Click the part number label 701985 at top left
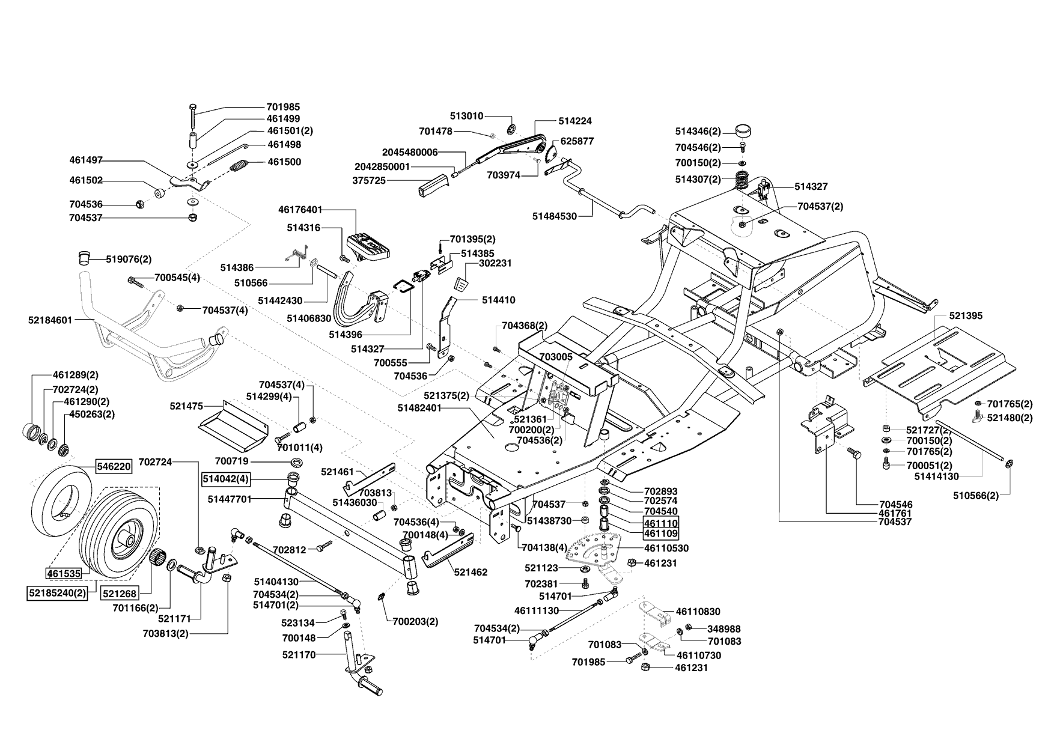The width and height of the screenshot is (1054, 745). click(283, 107)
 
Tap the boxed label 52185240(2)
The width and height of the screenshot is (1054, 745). click(56, 593)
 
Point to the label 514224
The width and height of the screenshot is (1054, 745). click(574, 121)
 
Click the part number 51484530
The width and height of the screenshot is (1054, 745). click(555, 216)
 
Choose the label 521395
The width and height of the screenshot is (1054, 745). click(966, 315)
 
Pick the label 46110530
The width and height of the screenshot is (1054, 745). click(666, 549)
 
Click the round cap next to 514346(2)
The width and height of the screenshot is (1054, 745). click(745, 130)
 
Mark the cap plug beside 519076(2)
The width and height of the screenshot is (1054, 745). click(84, 258)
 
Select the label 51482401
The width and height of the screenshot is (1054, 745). click(419, 408)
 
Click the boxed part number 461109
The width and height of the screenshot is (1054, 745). click(661, 534)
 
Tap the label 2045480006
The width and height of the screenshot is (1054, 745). click(410, 152)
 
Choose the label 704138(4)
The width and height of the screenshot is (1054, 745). click(544, 547)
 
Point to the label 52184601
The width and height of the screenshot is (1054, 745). click(50, 320)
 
